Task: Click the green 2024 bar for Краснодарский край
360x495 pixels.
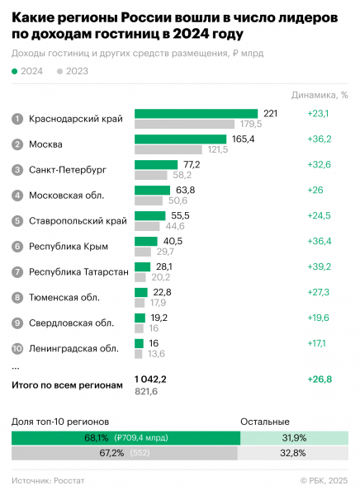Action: (x=197, y=113)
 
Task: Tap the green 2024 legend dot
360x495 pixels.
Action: (x=16, y=71)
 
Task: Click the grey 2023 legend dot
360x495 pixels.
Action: (x=60, y=71)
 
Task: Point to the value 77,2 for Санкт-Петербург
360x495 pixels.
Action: (x=192, y=164)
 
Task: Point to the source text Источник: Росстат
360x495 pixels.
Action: (x=48, y=479)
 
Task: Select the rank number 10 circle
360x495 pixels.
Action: (x=17, y=348)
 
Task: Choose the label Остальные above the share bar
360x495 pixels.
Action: (x=264, y=421)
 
